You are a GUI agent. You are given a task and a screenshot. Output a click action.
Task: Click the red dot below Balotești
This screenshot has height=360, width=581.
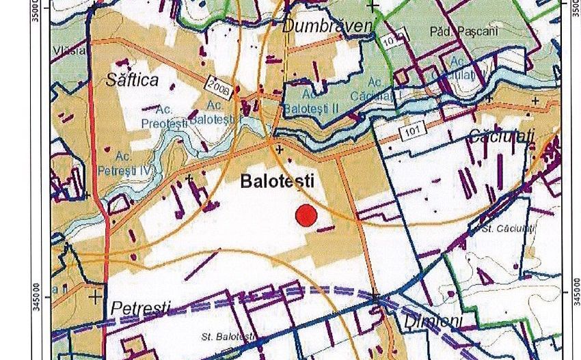click(306, 215)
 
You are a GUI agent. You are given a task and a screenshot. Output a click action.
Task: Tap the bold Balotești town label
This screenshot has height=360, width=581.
click(277, 181)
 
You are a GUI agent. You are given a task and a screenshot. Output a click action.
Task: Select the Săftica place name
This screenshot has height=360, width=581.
click(132, 80)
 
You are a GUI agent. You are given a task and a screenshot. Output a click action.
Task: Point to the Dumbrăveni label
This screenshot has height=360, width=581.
click(328, 26)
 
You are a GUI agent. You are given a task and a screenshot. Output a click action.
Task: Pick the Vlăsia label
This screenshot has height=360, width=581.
click(70, 50)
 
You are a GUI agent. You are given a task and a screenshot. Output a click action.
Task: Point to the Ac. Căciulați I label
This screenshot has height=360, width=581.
click(373, 89)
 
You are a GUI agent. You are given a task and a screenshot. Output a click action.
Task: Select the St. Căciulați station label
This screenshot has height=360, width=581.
click(507, 228)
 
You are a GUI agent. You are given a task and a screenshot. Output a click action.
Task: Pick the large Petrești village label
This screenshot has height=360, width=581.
click(140, 307)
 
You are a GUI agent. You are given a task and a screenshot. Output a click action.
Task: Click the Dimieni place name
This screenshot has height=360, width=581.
click(433, 320)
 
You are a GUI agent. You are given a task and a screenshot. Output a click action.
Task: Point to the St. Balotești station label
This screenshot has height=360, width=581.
click(228, 337)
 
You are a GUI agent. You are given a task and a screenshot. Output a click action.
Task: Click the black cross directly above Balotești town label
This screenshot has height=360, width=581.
click(280, 149)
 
